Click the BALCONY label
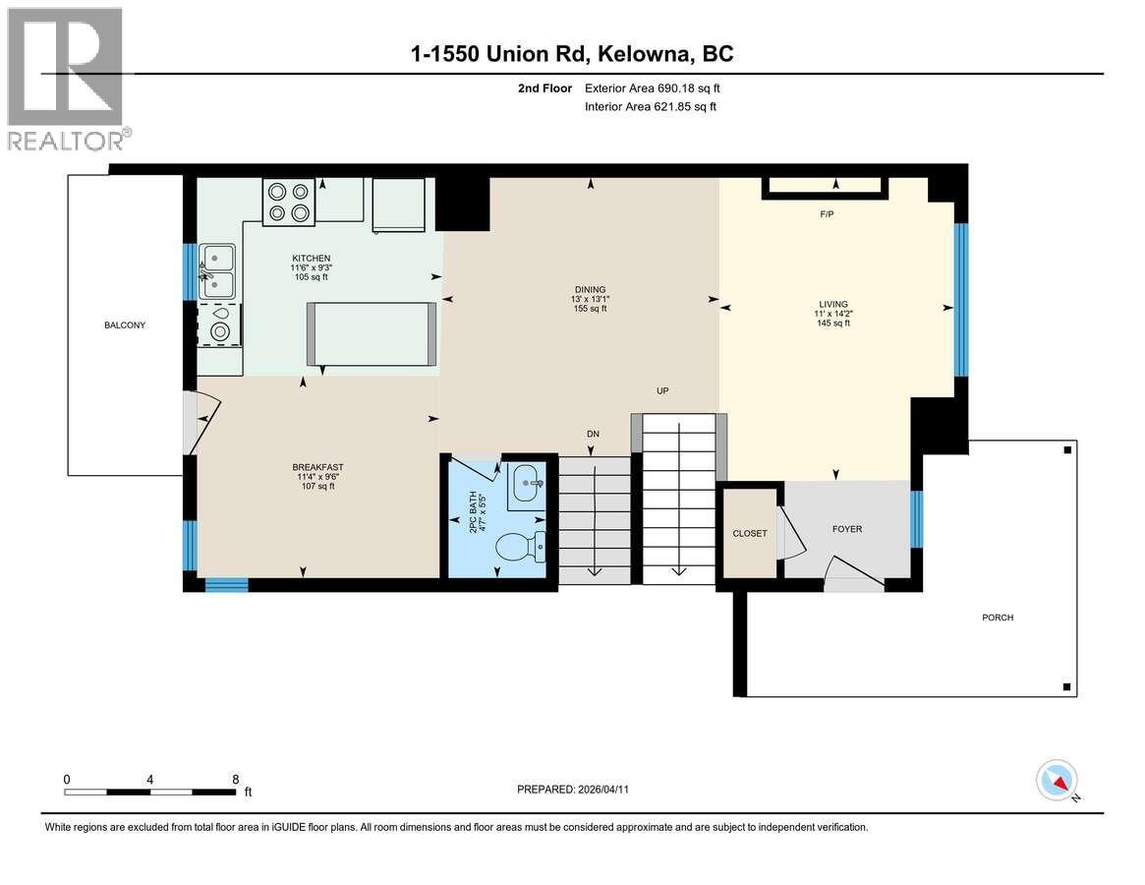click(x=125, y=324)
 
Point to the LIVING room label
click(x=831, y=304)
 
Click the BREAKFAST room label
click(x=317, y=467)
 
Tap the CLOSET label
click(x=749, y=533)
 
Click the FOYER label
click(x=846, y=529)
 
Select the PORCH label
click(x=997, y=618)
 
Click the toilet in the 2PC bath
click(x=517, y=546)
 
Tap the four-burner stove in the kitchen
click(x=288, y=202)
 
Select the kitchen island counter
click(x=372, y=333)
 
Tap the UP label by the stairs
click(x=662, y=390)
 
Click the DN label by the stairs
click(x=593, y=434)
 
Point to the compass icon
click(x=1057, y=781)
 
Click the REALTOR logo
click(x=67, y=79)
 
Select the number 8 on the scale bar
click(x=235, y=778)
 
